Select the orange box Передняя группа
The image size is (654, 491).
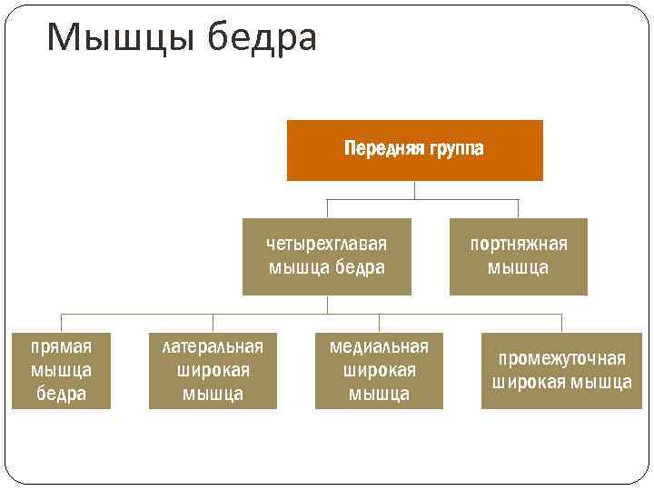pos(414,150)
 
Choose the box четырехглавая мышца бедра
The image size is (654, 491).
pos(326,256)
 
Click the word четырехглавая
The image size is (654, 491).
pos(327,245)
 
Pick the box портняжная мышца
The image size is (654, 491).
pos(518,256)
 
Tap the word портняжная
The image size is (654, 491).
pos(518,245)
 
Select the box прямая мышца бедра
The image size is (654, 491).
pos(61,370)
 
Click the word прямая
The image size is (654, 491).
pos(61,346)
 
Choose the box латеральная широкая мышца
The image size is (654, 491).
pos(213,370)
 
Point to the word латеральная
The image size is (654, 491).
pos(213,346)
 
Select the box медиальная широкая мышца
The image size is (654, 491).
pos(379,370)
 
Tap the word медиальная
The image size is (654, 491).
pos(379,346)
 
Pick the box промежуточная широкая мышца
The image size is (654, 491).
pos(561,370)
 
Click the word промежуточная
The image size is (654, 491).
pos(561,358)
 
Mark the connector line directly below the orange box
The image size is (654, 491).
pos(414,190)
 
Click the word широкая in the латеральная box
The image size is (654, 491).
pos(213,370)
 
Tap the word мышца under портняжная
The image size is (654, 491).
pos(518,268)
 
